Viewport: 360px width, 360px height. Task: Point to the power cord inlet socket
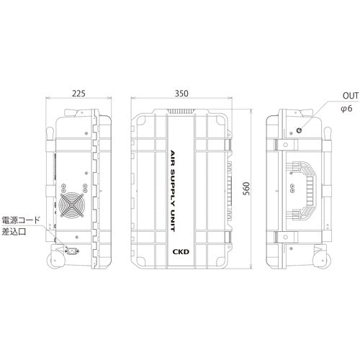[x=71, y=251]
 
